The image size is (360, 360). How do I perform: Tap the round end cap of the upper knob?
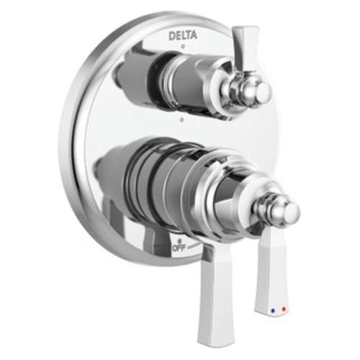261,91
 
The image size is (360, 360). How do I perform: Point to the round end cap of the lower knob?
289,212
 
